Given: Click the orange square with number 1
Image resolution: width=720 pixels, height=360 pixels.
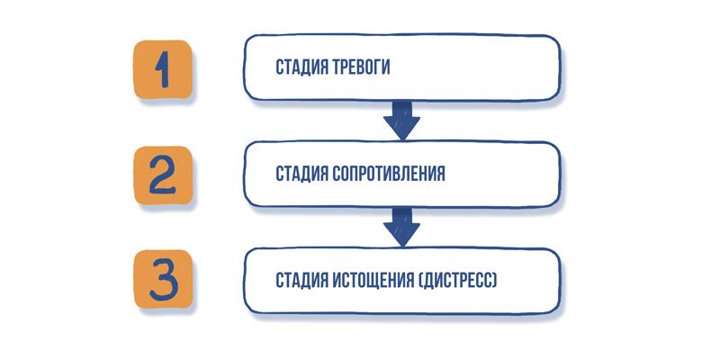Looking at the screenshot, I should coord(162,69).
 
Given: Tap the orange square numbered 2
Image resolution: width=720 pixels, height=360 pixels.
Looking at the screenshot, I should coord(163,175).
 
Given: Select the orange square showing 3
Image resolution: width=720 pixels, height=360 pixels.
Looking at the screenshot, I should coord(163,280).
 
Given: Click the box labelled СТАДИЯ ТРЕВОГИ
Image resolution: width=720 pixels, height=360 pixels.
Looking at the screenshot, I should coord(400,68).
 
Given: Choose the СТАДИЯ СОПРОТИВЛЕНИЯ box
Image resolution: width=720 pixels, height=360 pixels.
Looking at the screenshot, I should coord(400,174).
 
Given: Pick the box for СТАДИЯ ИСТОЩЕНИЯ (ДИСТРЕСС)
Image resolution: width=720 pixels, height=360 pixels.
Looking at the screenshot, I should coord(400,280).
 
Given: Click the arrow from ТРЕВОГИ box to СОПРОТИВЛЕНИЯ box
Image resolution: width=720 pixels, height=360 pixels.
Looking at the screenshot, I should coord(401,119).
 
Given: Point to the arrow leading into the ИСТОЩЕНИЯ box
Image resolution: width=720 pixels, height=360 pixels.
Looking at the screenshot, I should coord(401,226).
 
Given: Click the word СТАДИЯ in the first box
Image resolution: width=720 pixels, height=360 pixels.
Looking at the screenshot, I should coord(301,68).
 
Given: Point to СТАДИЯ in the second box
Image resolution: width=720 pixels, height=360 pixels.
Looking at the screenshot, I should coord(301,174).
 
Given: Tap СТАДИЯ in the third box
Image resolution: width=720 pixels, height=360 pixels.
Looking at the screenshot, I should coord(301,280).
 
